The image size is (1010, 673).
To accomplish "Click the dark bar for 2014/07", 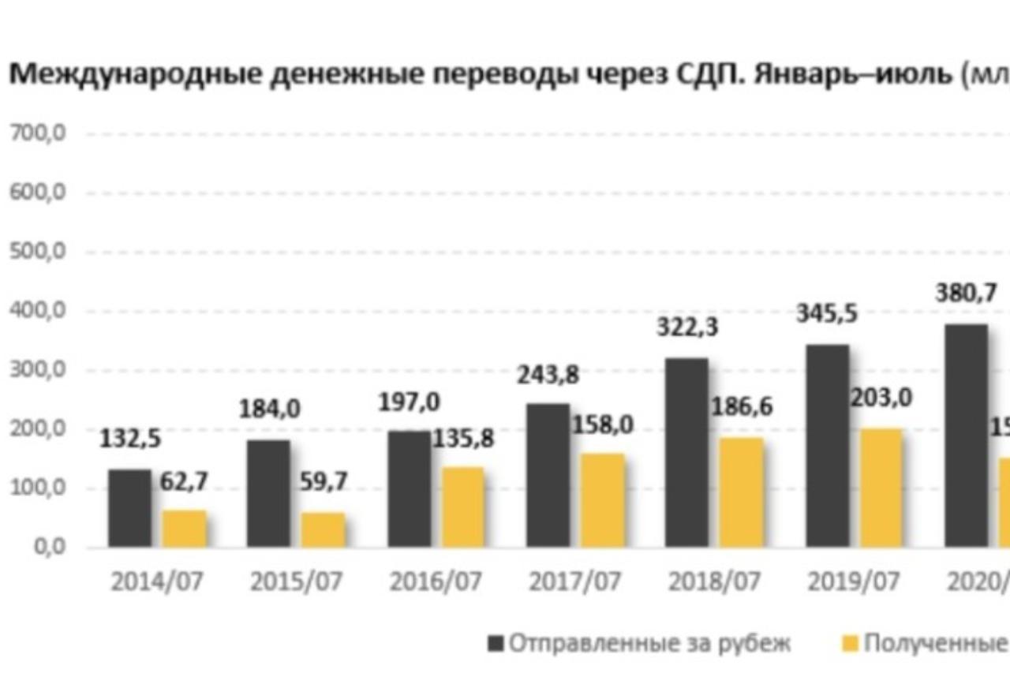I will (129, 508).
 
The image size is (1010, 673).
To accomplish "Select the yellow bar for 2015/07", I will (324, 529).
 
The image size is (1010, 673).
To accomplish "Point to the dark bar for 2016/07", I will (409, 489).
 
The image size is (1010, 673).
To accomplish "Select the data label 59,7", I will (324, 482).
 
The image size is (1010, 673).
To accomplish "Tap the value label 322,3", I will (687, 327).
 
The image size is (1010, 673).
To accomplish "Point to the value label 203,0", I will (881, 398).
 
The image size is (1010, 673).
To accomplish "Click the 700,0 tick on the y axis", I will (37, 134).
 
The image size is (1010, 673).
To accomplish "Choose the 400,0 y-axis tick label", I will (37, 312).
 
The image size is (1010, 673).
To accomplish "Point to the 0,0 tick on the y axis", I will (46, 548).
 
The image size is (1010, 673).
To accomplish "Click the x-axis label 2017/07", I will (574, 583).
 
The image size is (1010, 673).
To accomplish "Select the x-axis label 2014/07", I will (156, 583).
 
